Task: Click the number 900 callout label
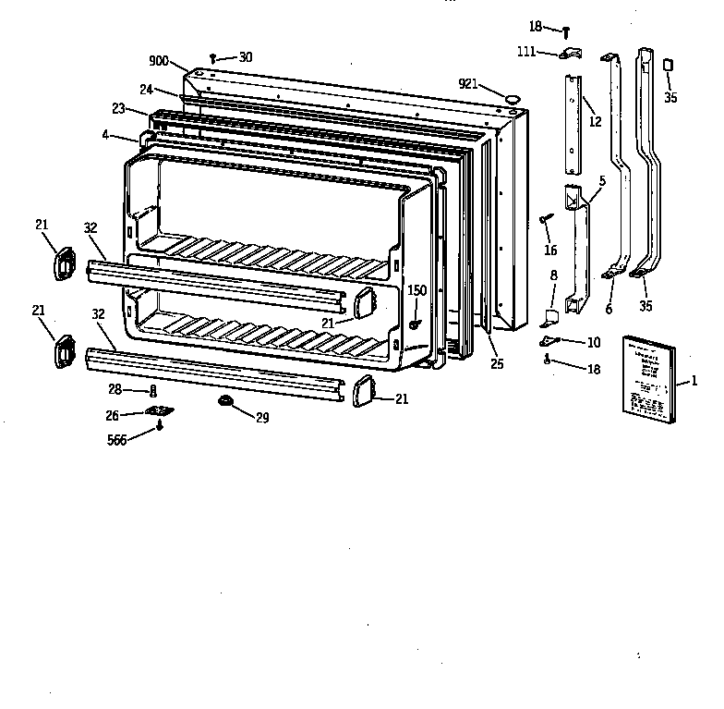click(158, 61)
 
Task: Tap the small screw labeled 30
click(213, 58)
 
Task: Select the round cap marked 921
click(512, 95)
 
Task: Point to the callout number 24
click(146, 90)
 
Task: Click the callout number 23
click(118, 109)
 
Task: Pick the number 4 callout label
click(105, 135)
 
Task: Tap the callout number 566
click(116, 440)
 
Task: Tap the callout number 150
click(417, 290)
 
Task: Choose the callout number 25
click(497, 364)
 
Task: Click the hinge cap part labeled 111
click(568, 54)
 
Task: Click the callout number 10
click(593, 342)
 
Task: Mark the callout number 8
click(553, 275)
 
